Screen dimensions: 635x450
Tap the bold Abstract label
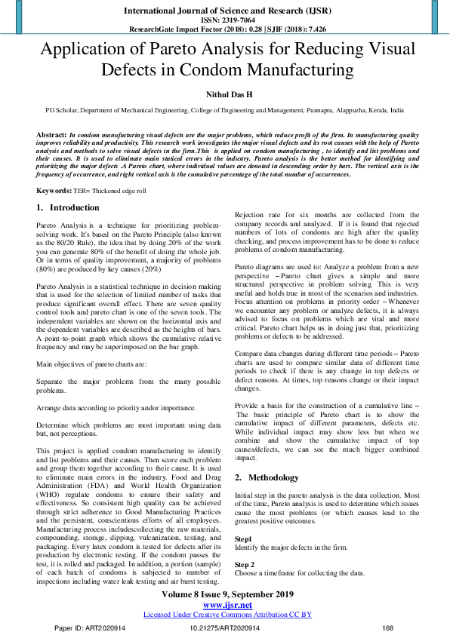(x=51, y=133)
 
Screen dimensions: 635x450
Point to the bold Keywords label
(x=54, y=192)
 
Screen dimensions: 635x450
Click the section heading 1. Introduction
(x=68, y=207)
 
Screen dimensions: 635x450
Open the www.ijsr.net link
(x=225, y=605)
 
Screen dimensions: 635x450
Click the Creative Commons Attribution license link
(x=225, y=615)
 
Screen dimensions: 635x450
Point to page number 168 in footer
(x=388, y=627)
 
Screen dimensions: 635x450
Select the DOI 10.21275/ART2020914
(x=225, y=627)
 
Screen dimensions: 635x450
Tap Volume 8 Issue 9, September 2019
(x=225, y=595)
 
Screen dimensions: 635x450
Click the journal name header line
(x=225, y=11)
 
